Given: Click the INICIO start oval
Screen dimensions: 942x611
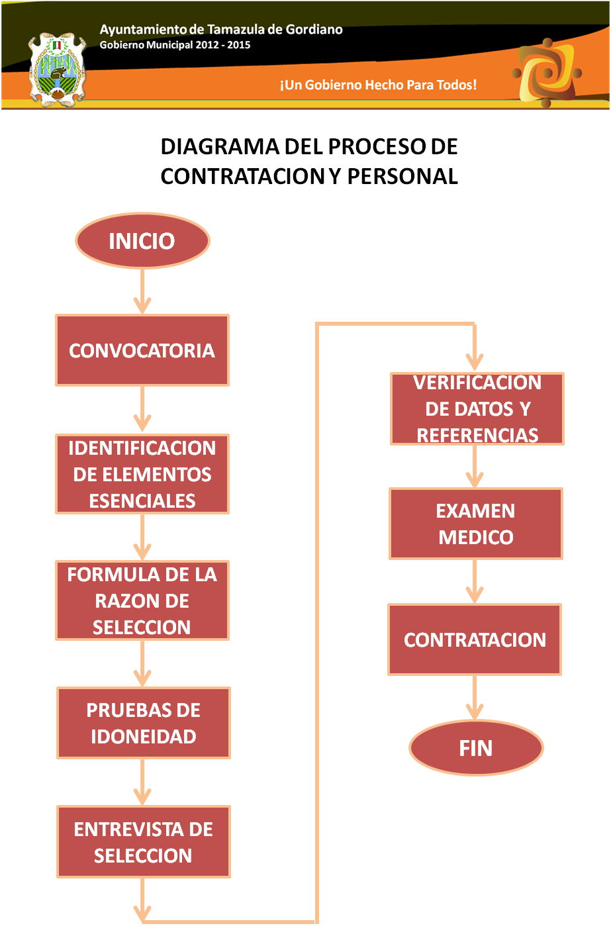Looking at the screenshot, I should click(142, 240).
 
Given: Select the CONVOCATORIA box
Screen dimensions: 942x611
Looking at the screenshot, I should click(142, 350).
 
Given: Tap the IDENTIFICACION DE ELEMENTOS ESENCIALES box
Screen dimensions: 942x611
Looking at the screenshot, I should click(142, 474).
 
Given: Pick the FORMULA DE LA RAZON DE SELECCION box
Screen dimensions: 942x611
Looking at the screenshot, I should click(142, 600).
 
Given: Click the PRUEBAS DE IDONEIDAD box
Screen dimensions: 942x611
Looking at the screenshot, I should click(144, 723).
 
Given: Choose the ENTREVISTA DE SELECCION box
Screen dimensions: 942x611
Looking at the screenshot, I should click(144, 842).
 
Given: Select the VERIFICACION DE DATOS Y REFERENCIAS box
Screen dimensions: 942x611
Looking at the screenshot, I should click(477, 408).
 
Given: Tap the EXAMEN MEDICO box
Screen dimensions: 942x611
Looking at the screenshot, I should click(476, 524).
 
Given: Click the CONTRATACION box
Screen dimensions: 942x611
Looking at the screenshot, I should click(475, 639).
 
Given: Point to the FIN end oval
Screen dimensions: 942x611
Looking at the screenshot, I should click(476, 748).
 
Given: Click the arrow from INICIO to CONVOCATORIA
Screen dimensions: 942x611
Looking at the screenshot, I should click(142, 291).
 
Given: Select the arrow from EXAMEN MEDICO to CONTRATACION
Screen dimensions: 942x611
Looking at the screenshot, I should click(475, 581).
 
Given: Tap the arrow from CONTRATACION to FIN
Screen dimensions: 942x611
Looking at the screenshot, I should click(475, 697).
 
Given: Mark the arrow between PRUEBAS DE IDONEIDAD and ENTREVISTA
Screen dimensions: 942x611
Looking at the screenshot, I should click(143, 782).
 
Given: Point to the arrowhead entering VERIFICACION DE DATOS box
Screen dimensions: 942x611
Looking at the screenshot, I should click(475, 361).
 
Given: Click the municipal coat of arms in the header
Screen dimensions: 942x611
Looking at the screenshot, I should click(58, 70).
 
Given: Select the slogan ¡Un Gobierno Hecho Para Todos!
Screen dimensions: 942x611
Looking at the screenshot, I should click(378, 85).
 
